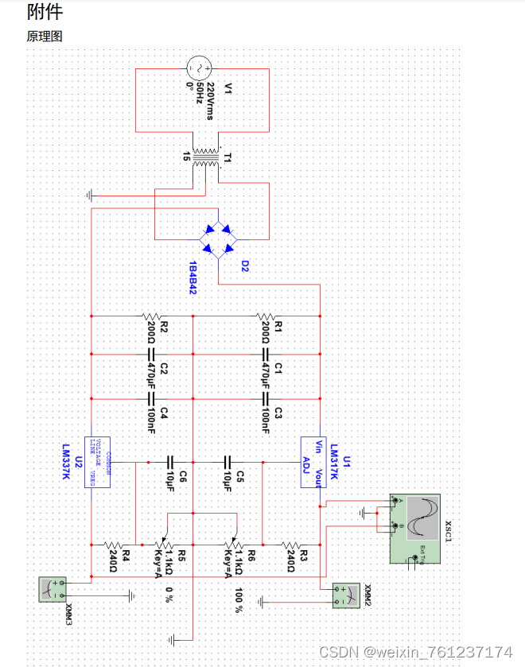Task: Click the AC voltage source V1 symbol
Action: click(202, 69)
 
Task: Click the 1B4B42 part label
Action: click(193, 276)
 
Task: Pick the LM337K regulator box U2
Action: click(97, 461)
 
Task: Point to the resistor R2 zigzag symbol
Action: click(151, 316)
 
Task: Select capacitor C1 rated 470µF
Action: click(266, 355)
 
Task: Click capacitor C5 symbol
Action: click(228, 461)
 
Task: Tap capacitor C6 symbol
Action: click(170, 461)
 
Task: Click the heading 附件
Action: click(45, 12)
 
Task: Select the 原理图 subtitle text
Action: click(45, 37)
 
